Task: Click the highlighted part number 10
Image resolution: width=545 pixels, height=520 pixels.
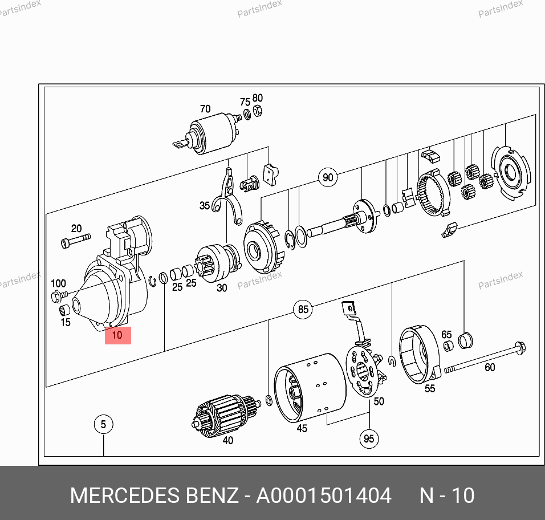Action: coord(117,335)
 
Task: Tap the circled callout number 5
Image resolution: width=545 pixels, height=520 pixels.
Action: coord(103,424)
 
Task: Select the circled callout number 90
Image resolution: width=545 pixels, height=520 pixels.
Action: coord(327,177)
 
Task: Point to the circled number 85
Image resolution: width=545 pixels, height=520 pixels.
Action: coord(303,309)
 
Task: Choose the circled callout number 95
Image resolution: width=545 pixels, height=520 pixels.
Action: coord(369,438)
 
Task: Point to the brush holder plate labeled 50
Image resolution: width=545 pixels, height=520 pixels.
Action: coord(364,371)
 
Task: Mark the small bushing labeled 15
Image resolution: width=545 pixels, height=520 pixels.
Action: coord(64,311)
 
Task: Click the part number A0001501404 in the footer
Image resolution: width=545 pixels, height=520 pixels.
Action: coord(323,495)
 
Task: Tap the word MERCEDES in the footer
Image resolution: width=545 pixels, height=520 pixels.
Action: coord(125,495)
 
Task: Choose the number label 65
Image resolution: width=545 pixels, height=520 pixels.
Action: coord(446,335)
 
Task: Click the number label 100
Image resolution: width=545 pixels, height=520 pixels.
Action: coord(58,283)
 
